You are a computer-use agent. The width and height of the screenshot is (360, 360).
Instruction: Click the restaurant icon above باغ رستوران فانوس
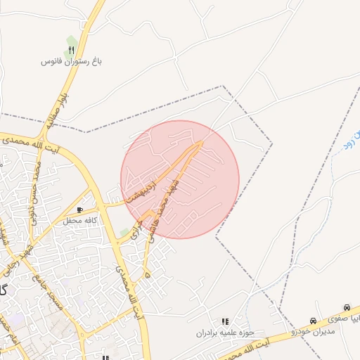(71, 51)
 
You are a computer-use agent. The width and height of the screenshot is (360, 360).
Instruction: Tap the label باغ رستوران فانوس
(72, 62)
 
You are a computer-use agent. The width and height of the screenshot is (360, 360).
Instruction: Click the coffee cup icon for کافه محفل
(80, 210)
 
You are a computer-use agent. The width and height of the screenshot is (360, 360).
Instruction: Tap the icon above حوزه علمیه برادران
(225, 321)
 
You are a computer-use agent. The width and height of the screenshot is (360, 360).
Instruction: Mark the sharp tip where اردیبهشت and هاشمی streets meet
(202, 142)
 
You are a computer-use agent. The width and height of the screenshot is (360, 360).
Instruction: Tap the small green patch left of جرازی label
(125, 232)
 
